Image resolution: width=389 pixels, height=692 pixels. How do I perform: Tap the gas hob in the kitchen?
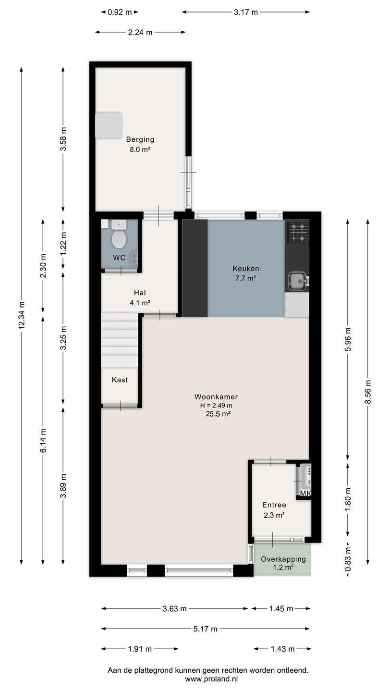point(297,232)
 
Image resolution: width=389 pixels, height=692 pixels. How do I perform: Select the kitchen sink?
point(298,281)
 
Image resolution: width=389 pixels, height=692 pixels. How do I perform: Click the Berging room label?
point(140,139)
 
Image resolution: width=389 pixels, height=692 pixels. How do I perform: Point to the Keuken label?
point(246,269)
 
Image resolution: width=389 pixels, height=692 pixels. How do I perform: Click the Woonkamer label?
point(216,396)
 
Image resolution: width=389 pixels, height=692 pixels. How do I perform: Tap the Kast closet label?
point(120,380)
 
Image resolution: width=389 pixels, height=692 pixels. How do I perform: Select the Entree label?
point(274,505)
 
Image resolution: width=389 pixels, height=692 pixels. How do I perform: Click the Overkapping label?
point(283,559)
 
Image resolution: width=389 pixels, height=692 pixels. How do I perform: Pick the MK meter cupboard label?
point(305,494)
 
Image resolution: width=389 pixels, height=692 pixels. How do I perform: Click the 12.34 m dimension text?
point(22,315)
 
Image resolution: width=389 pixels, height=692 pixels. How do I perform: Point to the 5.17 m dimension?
point(206,629)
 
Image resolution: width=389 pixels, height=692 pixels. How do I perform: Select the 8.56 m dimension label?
point(368,392)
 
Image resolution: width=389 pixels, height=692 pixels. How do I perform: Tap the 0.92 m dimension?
point(120,12)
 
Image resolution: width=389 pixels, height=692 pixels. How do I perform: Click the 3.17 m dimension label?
point(246,12)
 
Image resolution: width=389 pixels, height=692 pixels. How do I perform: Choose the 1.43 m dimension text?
point(282,649)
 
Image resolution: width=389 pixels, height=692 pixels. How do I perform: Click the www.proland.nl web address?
point(211,679)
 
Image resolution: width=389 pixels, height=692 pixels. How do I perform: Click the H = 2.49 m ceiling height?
point(216,405)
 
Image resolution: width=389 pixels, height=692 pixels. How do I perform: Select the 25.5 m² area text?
point(218,414)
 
